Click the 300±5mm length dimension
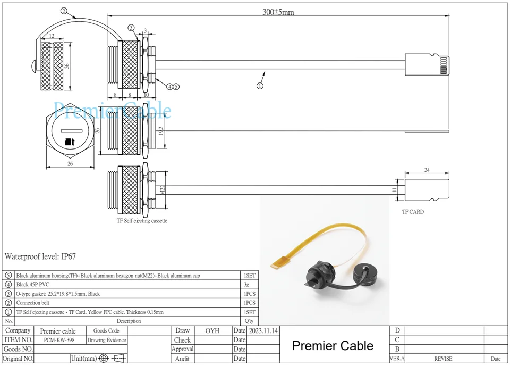pos(278,12)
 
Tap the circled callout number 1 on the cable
pos(260,85)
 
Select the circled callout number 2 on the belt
pos(64,11)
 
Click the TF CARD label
pos(413,212)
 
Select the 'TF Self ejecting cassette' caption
pos(142,221)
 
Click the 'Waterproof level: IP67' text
pos(40,256)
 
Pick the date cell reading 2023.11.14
pos(263,330)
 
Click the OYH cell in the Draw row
pos(212,330)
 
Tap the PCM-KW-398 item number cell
pos(58,340)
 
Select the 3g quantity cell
pos(249,285)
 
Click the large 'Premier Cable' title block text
pos(333,346)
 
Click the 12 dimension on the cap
pos(52,36)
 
